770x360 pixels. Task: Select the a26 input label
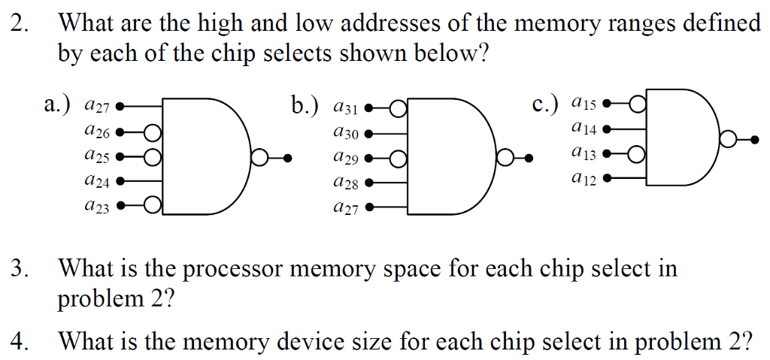(98, 133)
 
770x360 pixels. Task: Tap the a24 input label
(98, 181)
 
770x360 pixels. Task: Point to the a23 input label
(98, 207)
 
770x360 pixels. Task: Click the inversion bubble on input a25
(153, 157)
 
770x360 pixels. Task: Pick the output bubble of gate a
(259, 158)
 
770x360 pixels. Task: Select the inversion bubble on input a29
(398, 158)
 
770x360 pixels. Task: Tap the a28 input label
(344, 183)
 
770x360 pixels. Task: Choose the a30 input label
(344, 134)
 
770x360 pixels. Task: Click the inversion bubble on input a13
(636, 155)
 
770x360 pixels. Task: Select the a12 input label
(584, 180)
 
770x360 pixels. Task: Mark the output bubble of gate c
(727, 139)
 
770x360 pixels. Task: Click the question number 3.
(20, 268)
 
